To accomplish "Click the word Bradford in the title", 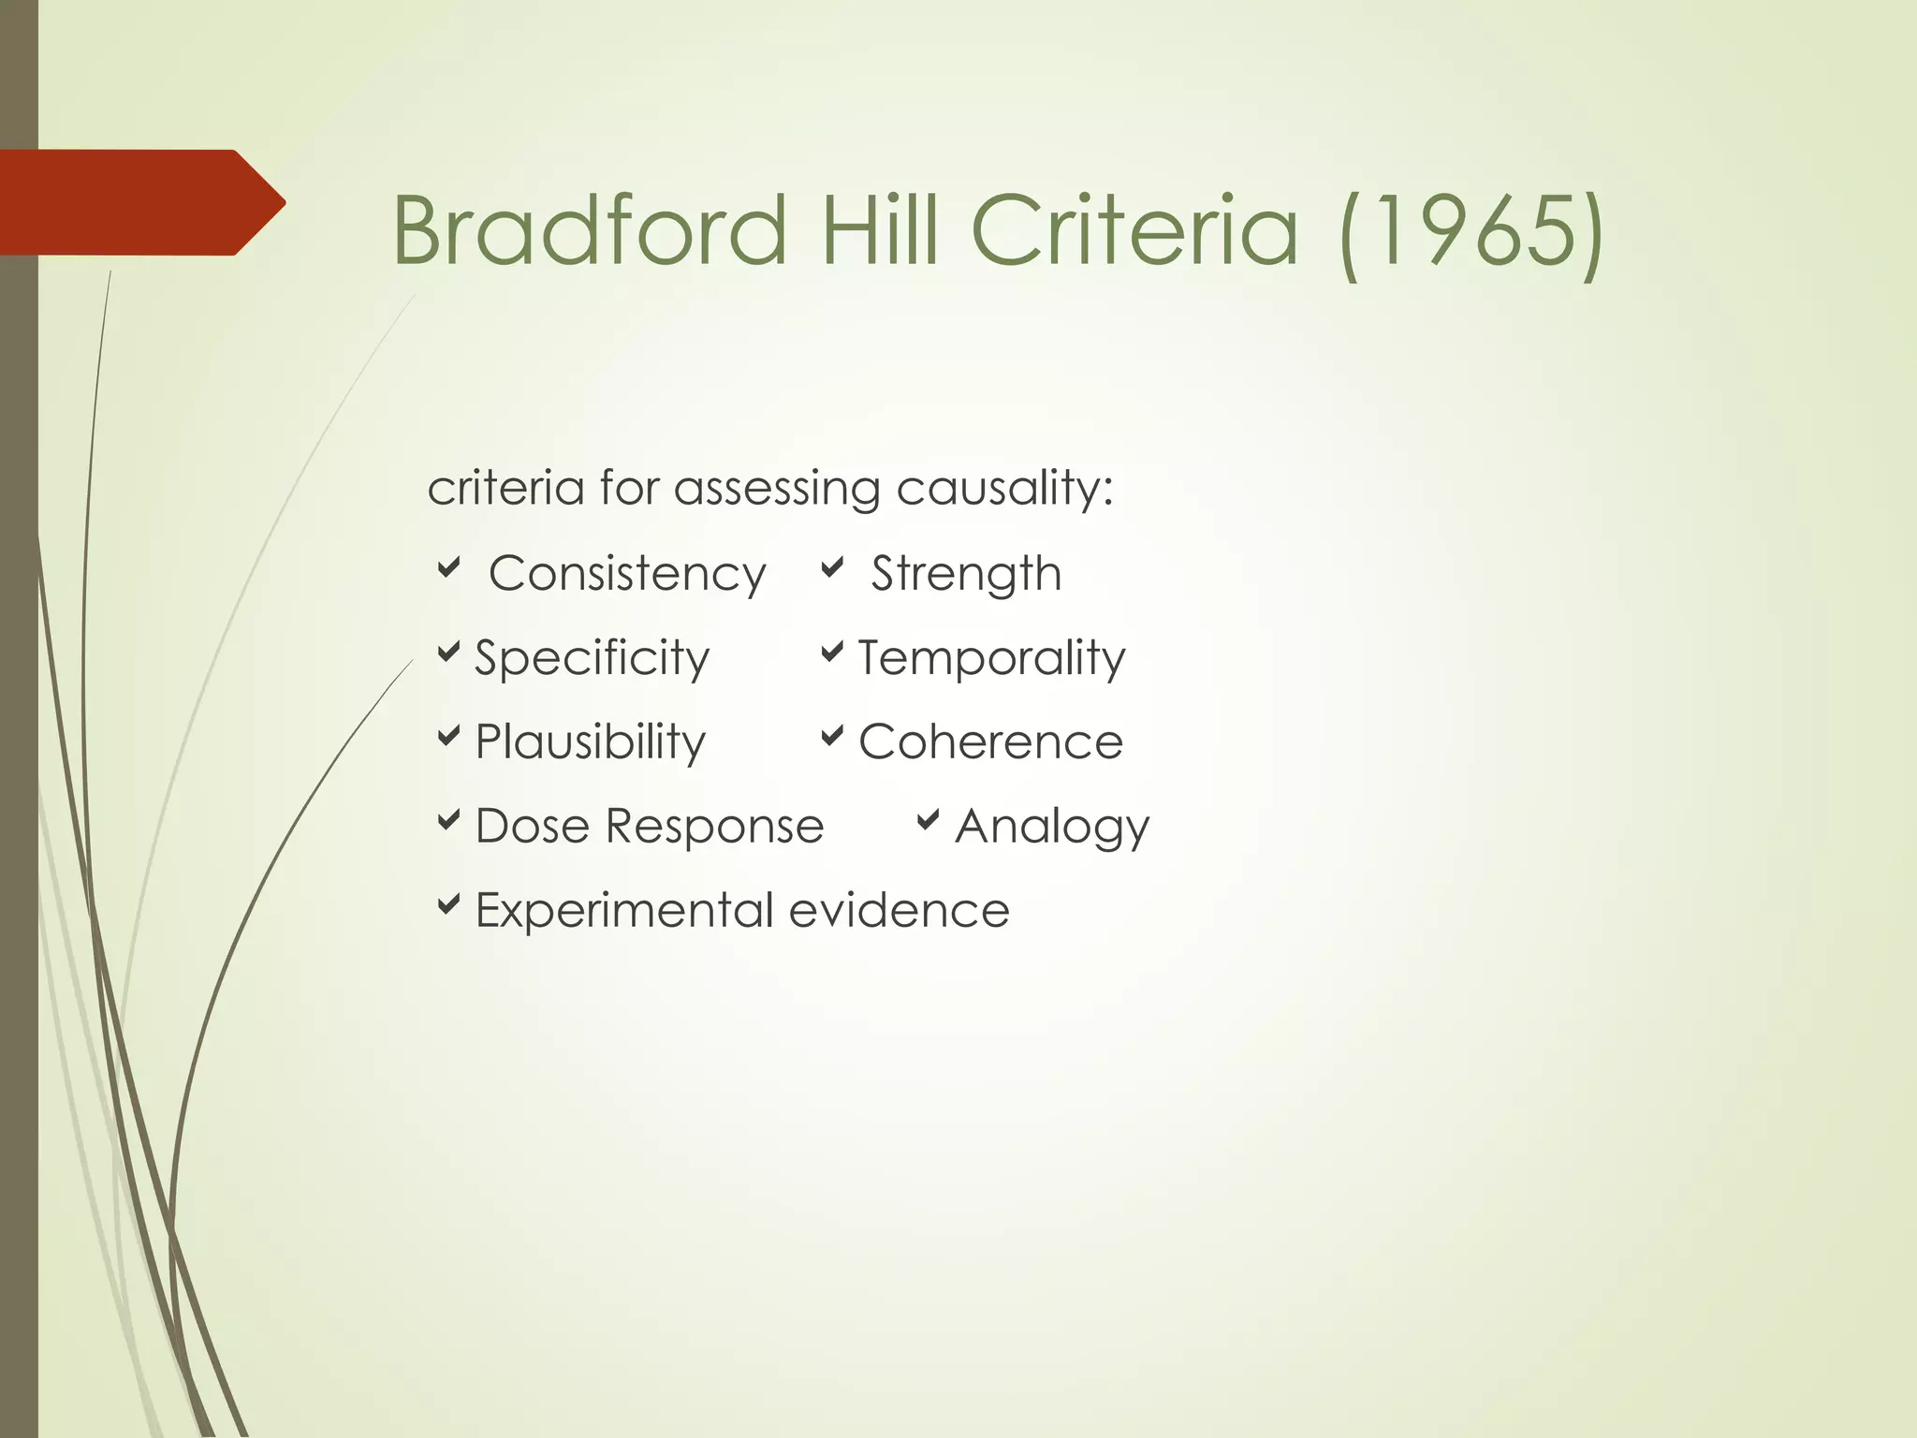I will (x=590, y=230).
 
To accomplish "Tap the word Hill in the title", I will (x=879, y=230).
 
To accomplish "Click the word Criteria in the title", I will (x=1134, y=230).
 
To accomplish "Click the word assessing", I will (x=777, y=490).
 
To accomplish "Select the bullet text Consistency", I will (x=627, y=574).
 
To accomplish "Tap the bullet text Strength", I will (x=966, y=574).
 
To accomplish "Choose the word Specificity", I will (x=592, y=658).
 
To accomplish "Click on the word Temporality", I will (x=991, y=658).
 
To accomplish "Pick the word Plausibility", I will (x=590, y=742).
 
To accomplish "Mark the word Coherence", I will (x=990, y=742).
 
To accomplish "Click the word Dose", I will (x=533, y=827).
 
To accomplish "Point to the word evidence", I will (x=899, y=911).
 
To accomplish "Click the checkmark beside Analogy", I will (x=928, y=821).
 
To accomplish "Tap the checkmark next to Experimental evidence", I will (x=449, y=904).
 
